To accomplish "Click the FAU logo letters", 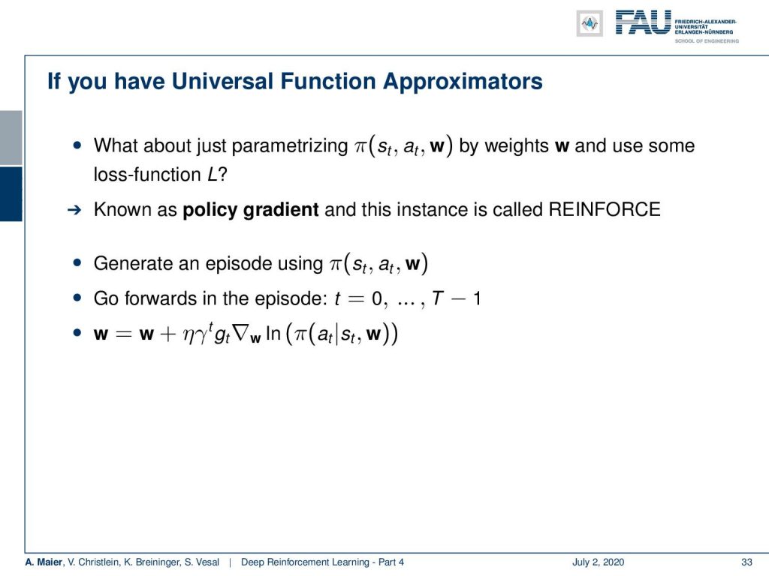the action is click(643, 22).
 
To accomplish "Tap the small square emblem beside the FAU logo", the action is click(590, 23).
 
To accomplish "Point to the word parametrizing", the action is click(289, 146).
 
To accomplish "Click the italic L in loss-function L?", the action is click(212, 174).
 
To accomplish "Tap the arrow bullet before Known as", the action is click(74, 211).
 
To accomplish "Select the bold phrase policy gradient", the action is click(251, 210).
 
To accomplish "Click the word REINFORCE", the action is click(605, 210).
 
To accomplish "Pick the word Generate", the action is click(132, 263).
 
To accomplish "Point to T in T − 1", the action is click(438, 298).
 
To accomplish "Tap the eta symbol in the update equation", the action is click(188, 335).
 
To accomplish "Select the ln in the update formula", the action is click(273, 334).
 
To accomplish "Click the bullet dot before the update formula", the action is click(77, 333).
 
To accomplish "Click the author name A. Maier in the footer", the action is click(44, 562).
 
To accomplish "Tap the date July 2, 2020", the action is click(598, 562).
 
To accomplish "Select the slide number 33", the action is click(746, 562).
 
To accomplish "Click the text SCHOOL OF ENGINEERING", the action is click(707, 41).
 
